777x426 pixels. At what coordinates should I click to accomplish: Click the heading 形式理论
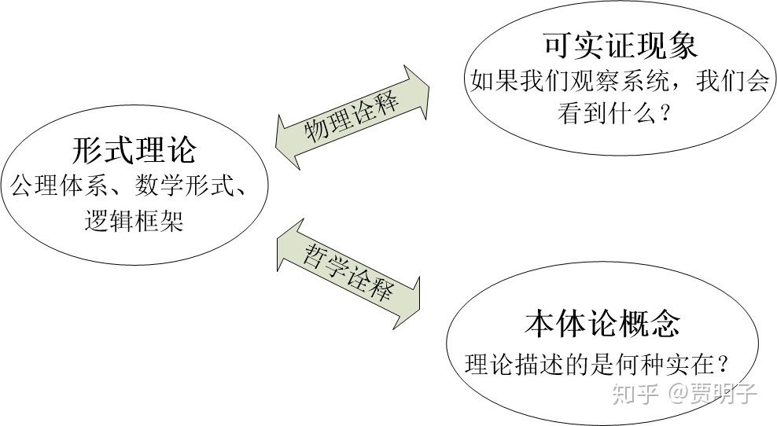[x=134, y=149]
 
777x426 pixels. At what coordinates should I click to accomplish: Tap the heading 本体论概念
[x=602, y=324]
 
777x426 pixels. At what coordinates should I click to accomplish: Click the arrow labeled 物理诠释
[x=352, y=117]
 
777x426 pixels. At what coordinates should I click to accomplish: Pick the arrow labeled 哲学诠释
[x=348, y=274]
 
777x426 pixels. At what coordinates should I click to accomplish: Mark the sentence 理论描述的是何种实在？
[x=598, y=365]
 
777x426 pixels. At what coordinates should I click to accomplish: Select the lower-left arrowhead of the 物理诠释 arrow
[x=276, y=147]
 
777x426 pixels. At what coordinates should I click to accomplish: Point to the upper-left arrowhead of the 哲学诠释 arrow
[x=277, y=244]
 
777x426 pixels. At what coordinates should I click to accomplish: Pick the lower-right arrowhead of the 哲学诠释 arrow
[x=419, y=303]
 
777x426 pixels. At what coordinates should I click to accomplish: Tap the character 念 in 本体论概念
[x=665, y=324]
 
